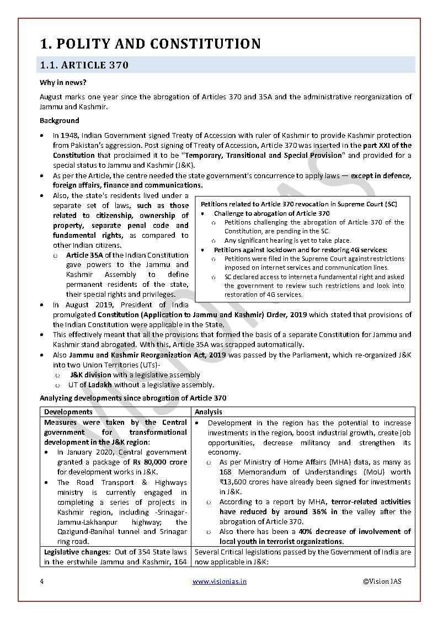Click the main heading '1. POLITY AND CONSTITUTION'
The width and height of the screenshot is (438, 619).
(x=150, y=44)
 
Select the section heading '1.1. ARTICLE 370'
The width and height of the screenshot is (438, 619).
(x=84, y=65)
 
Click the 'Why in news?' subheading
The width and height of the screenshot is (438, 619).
(x=62, y=83)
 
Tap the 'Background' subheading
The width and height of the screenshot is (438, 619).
(x=59, y=120)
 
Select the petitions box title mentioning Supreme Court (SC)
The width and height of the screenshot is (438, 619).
(x=298, y=204)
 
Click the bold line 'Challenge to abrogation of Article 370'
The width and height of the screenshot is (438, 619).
(x=271, y=214)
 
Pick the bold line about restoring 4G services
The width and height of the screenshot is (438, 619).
(x=300, y=250)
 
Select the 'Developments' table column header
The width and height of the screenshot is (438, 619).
(x=68, y=412)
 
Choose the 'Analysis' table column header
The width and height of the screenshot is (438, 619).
(x=209, y=412)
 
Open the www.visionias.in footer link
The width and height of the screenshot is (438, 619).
(x=219, y=581)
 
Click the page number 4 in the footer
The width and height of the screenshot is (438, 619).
(x=42, y=581)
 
